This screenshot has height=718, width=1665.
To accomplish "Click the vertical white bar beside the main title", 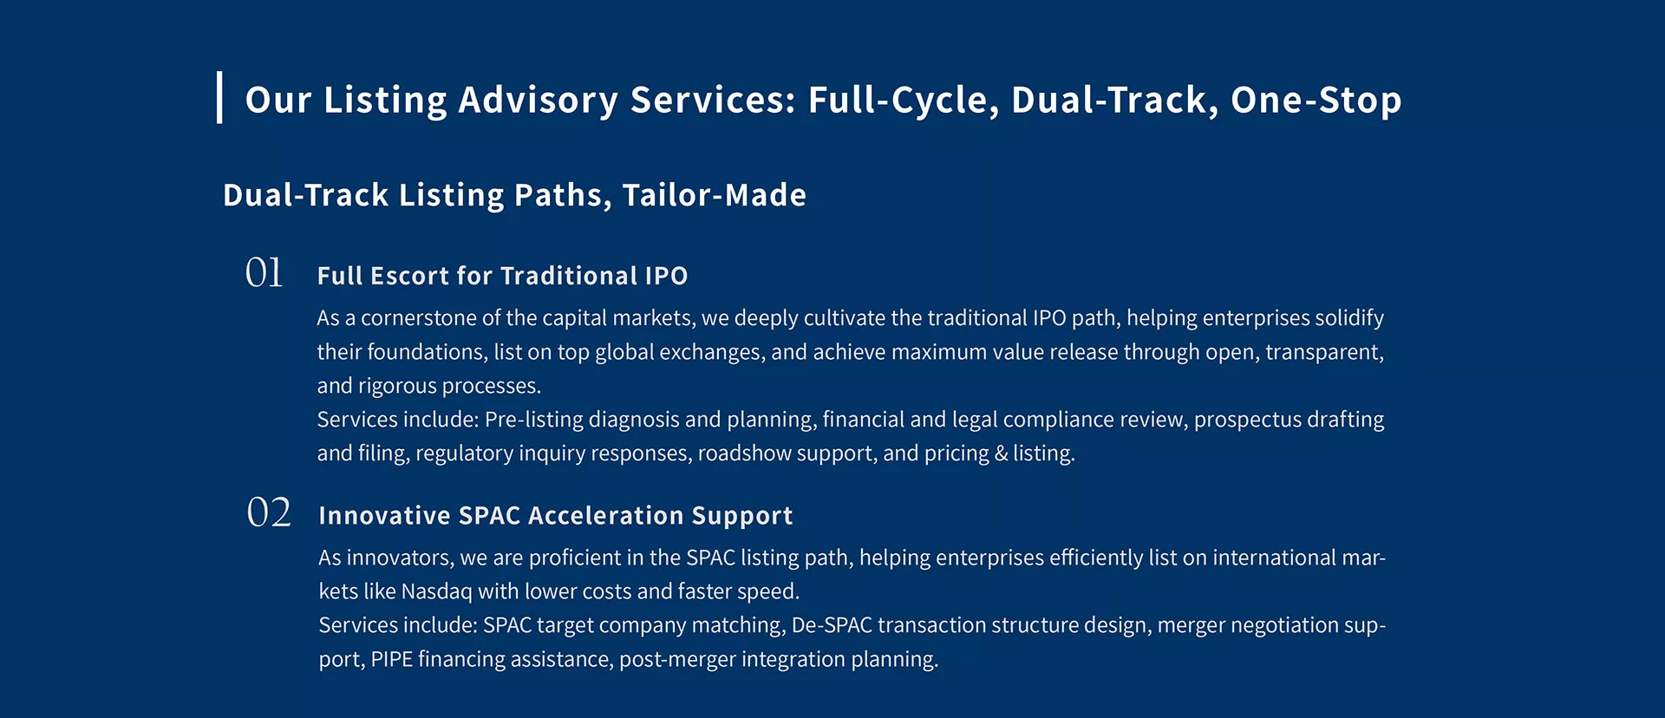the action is (219, 97).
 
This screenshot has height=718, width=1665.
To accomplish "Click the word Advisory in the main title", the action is (538, 101).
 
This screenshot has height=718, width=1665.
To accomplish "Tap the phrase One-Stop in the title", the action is (1316, 100).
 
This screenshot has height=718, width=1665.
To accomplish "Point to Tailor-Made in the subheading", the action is (714, 195).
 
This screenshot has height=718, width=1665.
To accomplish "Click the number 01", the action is (264, 272).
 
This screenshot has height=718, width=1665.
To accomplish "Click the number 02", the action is (269, 512).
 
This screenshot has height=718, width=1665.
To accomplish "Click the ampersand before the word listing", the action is (1001, 454).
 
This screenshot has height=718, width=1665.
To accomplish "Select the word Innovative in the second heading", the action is (384, 516).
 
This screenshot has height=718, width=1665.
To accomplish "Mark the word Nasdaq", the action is (437, 592).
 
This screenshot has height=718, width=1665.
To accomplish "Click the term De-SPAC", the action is (832, 625).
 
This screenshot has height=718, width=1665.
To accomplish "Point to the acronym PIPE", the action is (391, 660).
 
